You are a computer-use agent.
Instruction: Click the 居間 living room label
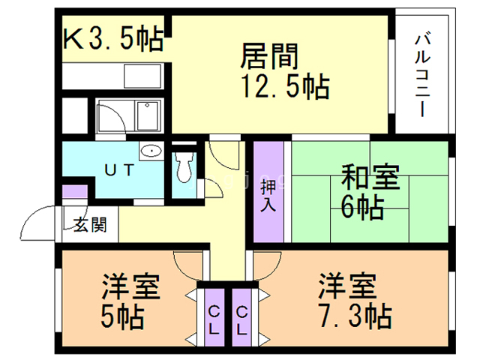click(x=270, y=57)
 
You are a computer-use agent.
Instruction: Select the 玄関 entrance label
click(x=89, y=224)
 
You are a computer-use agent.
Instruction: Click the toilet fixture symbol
click(x=184, y=167)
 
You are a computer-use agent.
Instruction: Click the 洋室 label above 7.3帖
click(x=346, y=287)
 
